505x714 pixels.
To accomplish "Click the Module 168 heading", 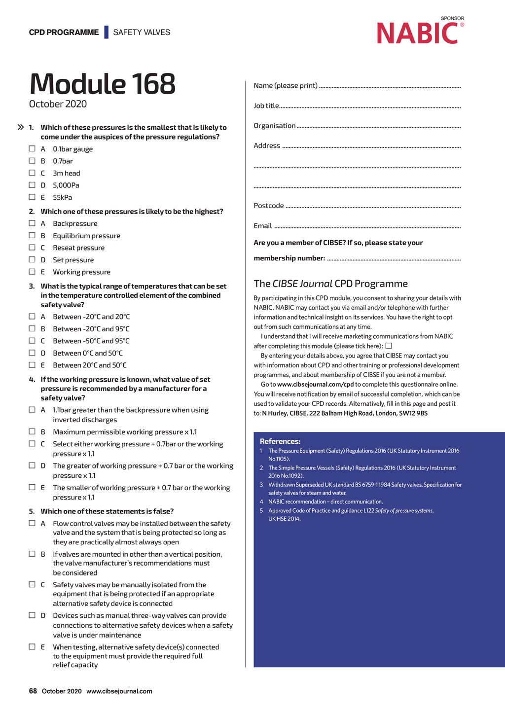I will point(103,84).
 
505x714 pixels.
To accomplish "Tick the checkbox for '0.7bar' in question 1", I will point(32,161).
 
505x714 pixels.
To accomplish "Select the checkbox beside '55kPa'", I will point(32,197).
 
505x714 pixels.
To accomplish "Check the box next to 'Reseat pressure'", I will point(32,248).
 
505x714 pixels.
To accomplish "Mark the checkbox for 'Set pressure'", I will point(32,260).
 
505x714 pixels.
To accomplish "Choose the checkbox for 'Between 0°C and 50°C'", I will point(32,353).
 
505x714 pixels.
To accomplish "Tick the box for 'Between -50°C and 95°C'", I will point(32,341).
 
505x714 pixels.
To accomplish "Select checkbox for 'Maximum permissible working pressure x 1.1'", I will point(32,432).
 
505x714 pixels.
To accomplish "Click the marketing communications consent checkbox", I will point(389,346).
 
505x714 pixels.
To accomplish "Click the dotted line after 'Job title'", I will point(370,107).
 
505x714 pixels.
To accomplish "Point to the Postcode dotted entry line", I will point(373,207).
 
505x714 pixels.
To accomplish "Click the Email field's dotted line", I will point(367,227).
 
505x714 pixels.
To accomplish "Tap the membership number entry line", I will point(394,259).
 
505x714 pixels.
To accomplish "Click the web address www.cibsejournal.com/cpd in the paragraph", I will point(316,385).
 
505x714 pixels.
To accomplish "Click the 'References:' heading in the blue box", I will point(280,441).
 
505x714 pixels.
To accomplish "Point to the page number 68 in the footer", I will point(33,691).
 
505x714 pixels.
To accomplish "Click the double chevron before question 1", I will point(21,127).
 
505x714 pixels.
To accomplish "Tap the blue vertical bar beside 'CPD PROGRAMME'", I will point(106,32).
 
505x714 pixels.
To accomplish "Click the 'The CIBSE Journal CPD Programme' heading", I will point(330,284).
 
